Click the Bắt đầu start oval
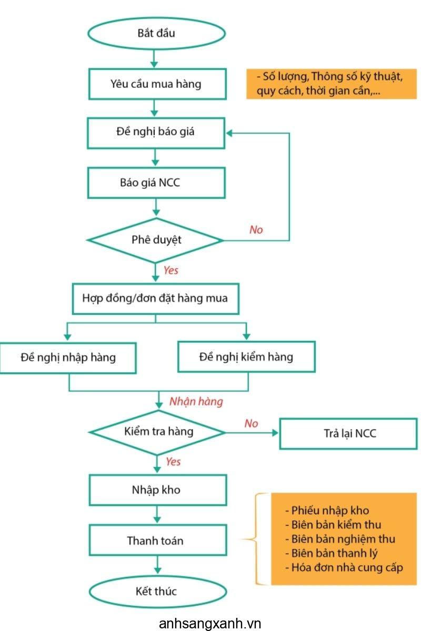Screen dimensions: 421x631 (156, 34)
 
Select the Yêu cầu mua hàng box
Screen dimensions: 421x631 (157, 84)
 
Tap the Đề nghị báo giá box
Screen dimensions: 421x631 (156, 133)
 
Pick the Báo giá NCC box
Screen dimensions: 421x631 (156, 183)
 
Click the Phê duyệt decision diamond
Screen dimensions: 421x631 (155, 240)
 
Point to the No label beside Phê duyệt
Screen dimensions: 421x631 (256, 230)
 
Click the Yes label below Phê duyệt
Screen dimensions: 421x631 (171, 270)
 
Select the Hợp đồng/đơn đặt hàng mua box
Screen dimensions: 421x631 (156, 299)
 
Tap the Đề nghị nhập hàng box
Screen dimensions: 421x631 (68, 358)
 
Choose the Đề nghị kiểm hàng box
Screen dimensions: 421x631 (246, 357)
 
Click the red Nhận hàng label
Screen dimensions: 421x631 (196, 401)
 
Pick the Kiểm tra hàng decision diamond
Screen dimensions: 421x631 (157, 432)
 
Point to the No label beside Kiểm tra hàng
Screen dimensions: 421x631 (251, 423)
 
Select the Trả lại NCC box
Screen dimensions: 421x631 (348, 433)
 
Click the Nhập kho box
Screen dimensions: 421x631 (158, 490)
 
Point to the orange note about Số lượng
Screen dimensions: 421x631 (332, 84)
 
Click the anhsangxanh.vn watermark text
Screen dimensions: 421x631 (210, 624)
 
